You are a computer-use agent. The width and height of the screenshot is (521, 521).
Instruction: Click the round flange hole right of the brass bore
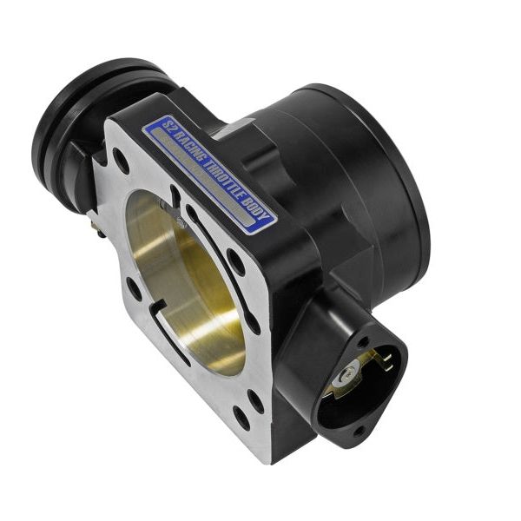click(x=235, y=262)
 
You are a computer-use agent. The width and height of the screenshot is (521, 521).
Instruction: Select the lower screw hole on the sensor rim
click(x=357, y=426)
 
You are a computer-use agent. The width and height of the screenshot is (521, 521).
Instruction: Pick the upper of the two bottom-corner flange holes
click(x=255, y=401)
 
